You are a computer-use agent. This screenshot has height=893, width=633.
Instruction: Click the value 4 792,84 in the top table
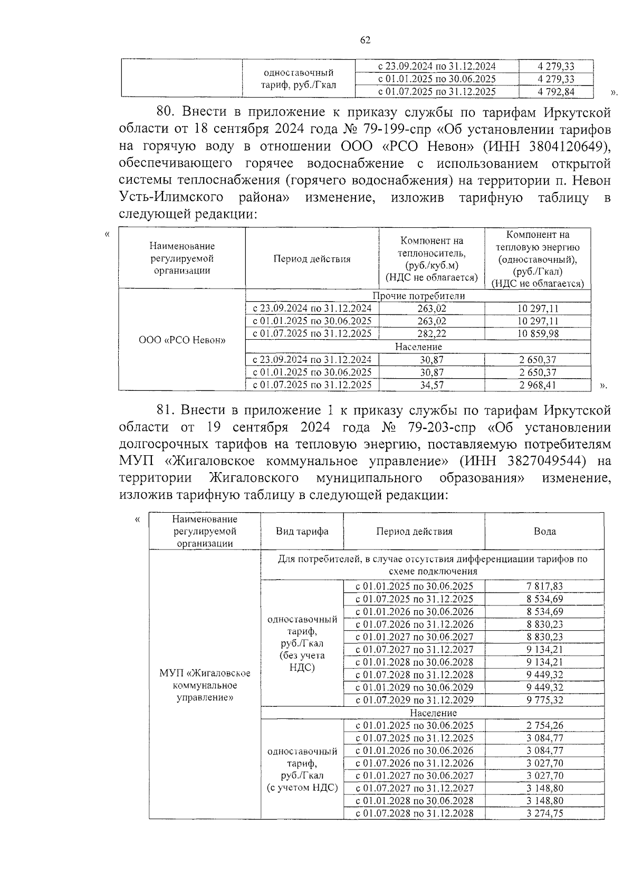coord(555,92)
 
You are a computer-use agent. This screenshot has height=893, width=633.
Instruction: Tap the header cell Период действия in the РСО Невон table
coord(312,258)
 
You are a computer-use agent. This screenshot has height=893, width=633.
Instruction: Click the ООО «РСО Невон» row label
coord(182,340)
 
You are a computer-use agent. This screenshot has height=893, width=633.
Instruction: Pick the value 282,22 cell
coord(431,333)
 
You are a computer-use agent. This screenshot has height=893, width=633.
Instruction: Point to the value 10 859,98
coord(537,333)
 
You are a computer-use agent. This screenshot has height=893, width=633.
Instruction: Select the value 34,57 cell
coord(431,385)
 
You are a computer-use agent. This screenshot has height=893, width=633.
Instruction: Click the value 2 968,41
coord(537,385)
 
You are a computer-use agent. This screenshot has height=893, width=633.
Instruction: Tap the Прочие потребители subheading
coord(418,296)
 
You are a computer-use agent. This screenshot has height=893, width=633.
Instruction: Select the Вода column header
coord(544,531)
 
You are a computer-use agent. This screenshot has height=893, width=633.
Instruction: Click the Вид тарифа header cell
coord(302,531)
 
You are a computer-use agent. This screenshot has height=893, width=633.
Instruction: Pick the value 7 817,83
coord(544,586)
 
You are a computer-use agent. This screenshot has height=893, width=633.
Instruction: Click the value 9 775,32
coord(544,700)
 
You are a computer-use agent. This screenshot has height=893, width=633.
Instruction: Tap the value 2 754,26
coord(544,725)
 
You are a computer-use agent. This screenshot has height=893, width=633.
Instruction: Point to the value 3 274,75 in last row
coord(544,813)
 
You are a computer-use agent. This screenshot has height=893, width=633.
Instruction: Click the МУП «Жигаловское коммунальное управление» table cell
coord(205,685)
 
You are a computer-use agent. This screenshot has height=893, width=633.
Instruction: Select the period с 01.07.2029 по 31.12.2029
coord(414,700)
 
